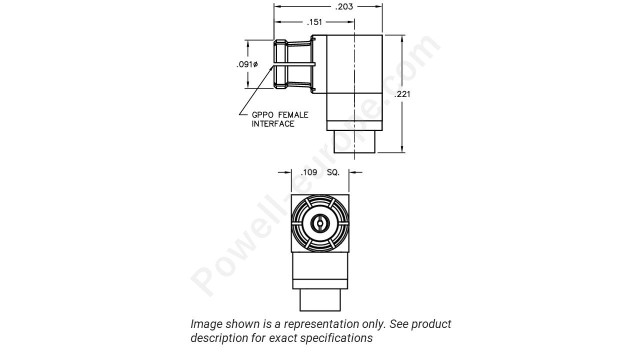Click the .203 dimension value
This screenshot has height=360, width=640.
click(343, 6)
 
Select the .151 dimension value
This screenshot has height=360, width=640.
click(314, 22)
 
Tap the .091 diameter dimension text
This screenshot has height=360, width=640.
click(247, 64)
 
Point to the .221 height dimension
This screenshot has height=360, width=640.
click(402, 94)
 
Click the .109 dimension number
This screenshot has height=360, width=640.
click(309, 172)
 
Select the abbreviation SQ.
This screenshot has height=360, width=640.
click(333, 172)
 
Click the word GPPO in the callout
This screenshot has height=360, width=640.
click(263, 115)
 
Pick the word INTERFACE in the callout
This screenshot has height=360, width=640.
click(273, 124)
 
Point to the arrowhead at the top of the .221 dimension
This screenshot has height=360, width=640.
click(402, 38)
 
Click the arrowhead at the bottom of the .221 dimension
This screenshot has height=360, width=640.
click(402, 148)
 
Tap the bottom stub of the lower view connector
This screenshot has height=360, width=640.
click(320, 300)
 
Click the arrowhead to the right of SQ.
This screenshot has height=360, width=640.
click(352, 172)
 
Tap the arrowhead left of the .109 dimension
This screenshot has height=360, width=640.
click(288, 172)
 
